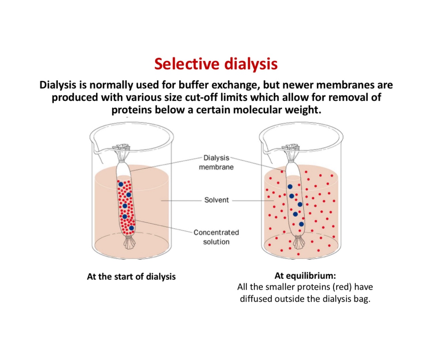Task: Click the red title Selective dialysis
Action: [216, 64]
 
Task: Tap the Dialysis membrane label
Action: [216, 162]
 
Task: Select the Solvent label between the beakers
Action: [216, 200]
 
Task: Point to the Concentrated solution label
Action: [216, 237]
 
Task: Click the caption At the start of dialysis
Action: [131, 276]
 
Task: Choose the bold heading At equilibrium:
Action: [305, 275]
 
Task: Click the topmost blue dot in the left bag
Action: [121, 184]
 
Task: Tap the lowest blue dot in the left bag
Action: [131, 228]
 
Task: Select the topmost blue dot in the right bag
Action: [290, 187]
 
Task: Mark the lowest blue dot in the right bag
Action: [301, 224]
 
